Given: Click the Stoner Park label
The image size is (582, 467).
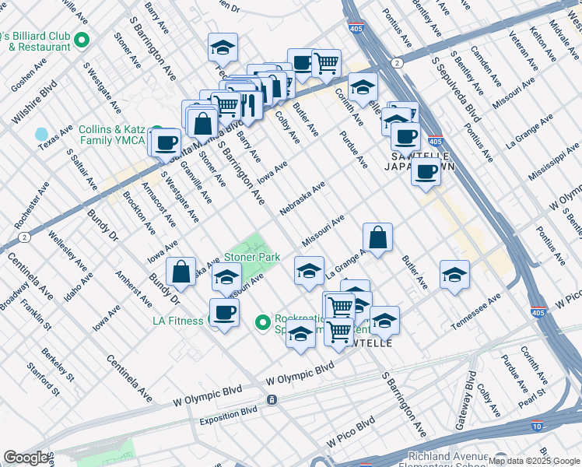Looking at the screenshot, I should (x=252, y=256).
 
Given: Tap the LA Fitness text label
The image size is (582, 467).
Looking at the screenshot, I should (x=179, y=321).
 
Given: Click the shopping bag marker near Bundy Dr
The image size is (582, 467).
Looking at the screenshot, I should (x=181, y=272).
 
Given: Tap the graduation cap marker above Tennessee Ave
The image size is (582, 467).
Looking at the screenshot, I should (x=454, y=274).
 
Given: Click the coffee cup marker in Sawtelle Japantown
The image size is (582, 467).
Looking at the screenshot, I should (x=426, y=171).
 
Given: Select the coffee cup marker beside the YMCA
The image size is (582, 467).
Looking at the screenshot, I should (x=166, y=142).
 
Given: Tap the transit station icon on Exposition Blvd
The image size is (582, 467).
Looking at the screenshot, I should (x=272, y=400).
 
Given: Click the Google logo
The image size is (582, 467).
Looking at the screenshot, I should (x=26, y=458).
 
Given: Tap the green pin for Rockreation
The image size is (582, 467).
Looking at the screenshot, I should (x=264, y=321).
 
